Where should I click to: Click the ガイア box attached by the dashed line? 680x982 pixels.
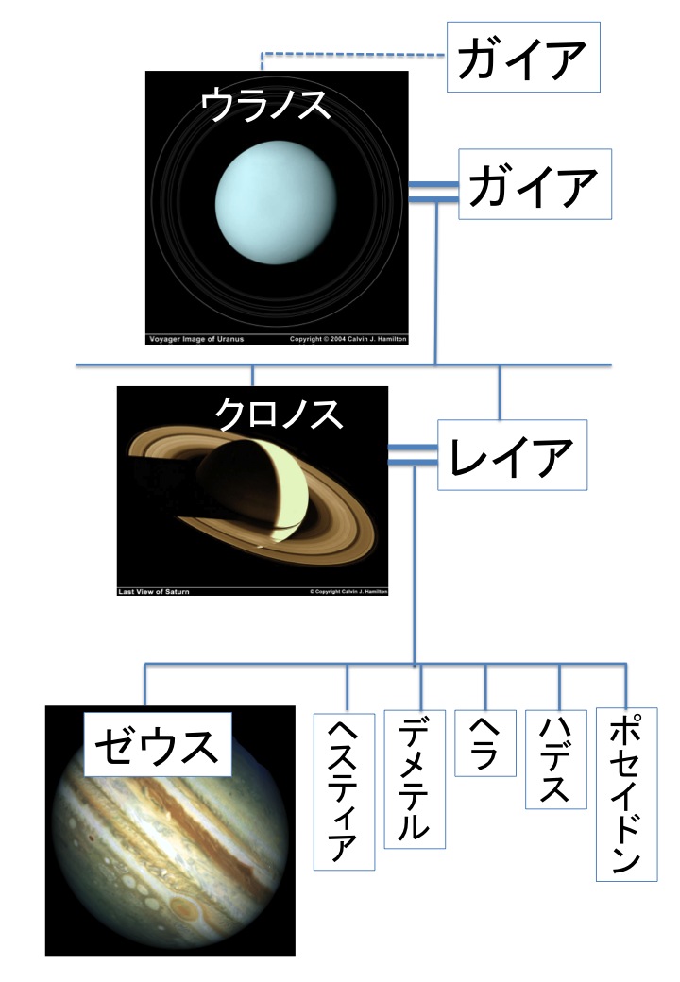pos(523,57)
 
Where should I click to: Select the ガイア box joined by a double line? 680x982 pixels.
pos(535,184)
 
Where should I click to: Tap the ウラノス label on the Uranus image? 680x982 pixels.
pos(265,104)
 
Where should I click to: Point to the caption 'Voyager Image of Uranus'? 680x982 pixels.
pos(196,339)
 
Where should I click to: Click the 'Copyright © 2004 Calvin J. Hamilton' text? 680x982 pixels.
pos(348,339)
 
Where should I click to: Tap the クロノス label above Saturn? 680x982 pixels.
pos(279,414)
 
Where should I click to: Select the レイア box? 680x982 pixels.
pos(512,455)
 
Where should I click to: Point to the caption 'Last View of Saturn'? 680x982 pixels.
pos(153,591)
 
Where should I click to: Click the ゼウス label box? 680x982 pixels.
pos(158,745)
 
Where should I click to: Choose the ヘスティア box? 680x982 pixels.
pos(344,791)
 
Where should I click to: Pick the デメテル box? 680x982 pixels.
pos(415,779)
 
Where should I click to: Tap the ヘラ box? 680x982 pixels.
pos(485,743)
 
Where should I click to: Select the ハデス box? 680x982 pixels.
pos(556,759)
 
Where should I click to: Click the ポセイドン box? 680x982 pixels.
pos(627,794)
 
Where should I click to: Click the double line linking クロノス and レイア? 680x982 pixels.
pos(413,455)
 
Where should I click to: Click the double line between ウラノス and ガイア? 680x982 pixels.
pos(433,193)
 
